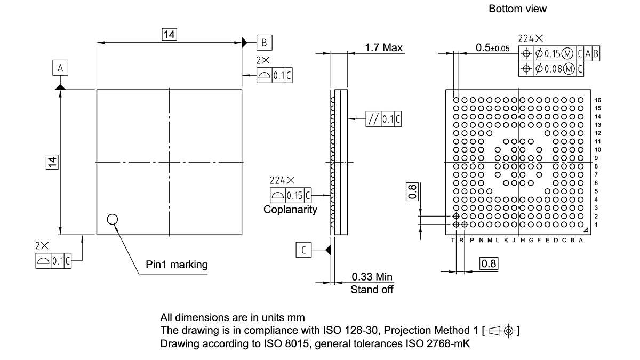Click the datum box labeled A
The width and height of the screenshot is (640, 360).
(x=60, y=68)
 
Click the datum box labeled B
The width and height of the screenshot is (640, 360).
(x=264, y=42)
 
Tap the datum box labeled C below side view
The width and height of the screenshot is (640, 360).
(x=303, y=250)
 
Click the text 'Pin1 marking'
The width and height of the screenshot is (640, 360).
(x=177, y=265)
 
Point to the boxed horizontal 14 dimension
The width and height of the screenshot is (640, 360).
(x=170, y=35)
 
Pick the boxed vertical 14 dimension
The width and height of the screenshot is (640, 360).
(x=52, y=162)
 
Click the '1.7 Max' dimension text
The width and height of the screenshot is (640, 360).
(x=383, y=48)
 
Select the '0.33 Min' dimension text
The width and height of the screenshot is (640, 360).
(x=372, y=276)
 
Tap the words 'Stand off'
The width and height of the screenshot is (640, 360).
(x=372, y=290)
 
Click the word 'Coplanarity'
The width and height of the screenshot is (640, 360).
(x=290, y=210)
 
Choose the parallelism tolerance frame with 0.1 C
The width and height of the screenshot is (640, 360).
(x=383, y=119)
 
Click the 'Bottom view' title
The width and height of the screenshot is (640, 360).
(x=517, y=9)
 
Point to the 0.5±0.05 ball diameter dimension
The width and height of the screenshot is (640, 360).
(x=492, y=48)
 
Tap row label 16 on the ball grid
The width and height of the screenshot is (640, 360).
(x=598, y=100)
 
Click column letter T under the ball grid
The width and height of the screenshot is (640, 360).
(x=453, y=241)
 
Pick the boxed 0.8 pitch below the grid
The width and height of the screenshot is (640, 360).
(x=489, y=263)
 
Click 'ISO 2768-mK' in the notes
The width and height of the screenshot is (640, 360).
(x=445, y=344)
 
